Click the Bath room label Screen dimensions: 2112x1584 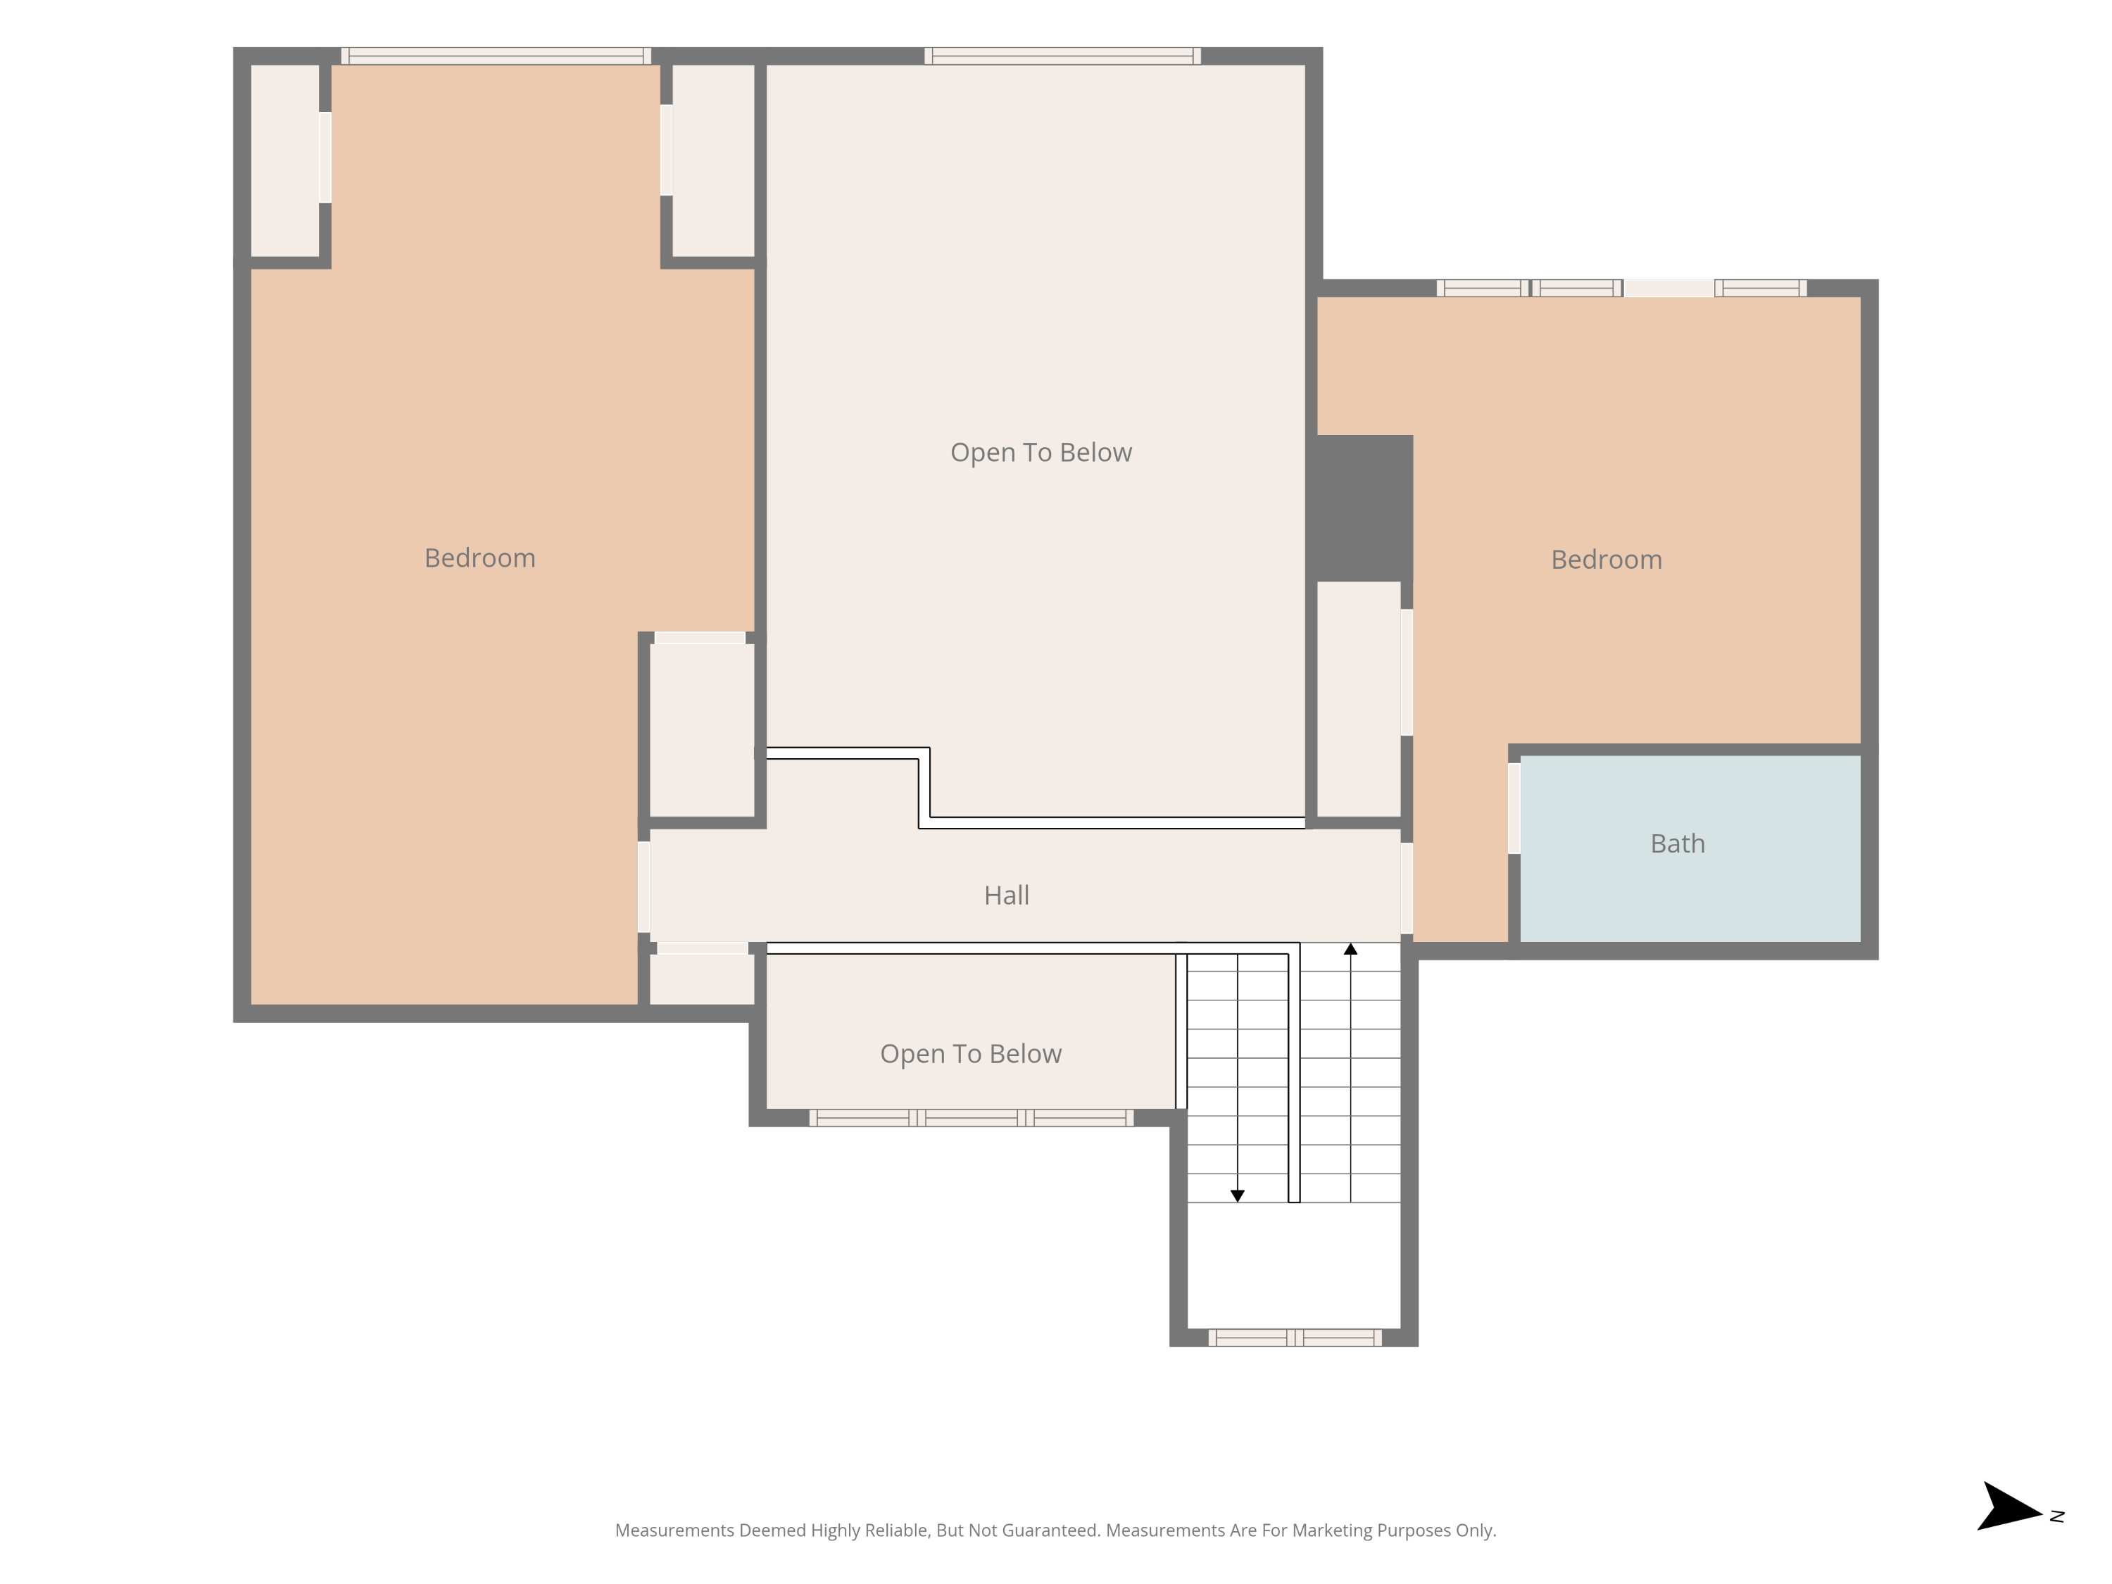point(1678,844)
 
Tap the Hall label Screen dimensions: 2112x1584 point(1006,895)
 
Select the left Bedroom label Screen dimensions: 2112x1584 point(479,558)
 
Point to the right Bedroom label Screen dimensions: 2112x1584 point(1606,560)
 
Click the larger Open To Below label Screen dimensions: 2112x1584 point(1041,453)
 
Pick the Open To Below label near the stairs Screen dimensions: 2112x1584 point(970,1054)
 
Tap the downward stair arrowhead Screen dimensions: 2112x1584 point(1238,1196)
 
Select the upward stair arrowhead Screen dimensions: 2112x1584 point(1350,949)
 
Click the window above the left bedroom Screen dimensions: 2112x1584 point(496,56)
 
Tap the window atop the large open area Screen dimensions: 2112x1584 point(1062,56)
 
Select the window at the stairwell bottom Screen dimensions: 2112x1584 point(1295,1338)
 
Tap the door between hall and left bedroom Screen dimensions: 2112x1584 point(643,887)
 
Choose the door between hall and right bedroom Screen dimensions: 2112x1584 point(1407,888)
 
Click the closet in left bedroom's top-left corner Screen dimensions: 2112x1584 point(284,161)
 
